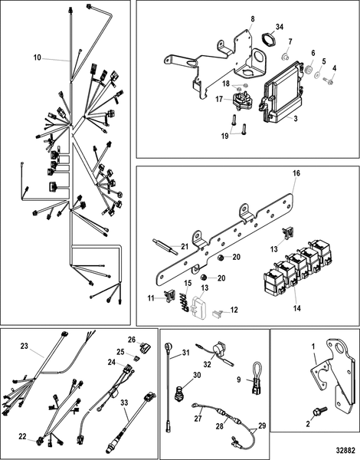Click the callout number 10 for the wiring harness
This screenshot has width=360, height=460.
point(38,58)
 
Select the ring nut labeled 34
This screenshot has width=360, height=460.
point(269,40)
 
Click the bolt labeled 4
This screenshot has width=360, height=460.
point(328,80)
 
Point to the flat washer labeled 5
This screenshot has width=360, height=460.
point(318,75)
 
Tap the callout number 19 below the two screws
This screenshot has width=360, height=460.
point(225,136)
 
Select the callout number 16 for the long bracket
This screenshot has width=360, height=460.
point(296,172)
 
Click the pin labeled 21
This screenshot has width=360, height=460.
point(165,246)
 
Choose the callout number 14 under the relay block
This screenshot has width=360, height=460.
point(297,308)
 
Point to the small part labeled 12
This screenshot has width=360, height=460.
point(217,314)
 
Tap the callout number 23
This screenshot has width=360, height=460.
point(24,347)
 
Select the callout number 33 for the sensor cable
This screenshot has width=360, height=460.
point(124,402)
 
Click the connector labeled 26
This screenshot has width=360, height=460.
point(145,347)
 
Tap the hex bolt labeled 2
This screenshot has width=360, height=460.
point(319,410)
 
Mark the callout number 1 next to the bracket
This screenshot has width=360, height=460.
point(313,347)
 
